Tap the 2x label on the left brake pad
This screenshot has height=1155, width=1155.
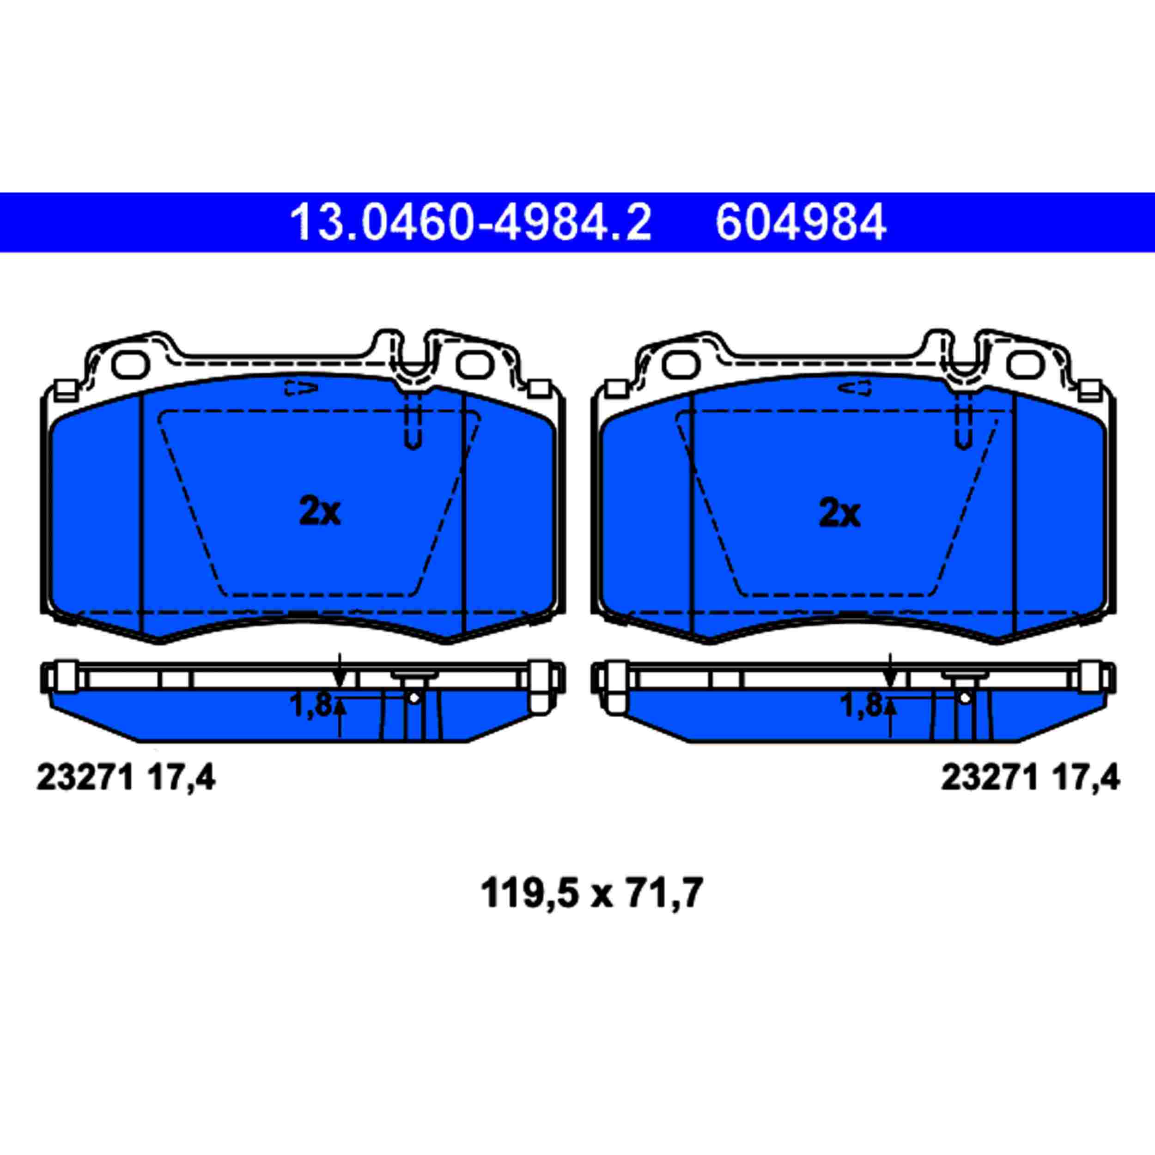(320, 512)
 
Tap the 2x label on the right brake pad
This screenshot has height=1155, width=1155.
(839, 512)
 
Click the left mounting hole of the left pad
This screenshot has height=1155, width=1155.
(130, 365)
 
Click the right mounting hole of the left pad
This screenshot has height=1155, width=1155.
(474, 365)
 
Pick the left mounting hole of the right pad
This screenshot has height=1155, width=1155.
(681, 365)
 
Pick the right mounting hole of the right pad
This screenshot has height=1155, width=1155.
(1025, 365)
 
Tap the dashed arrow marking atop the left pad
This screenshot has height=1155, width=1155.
(301, 388)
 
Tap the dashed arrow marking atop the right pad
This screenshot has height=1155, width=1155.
(855, 388)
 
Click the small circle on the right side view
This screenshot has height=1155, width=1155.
(964, 697)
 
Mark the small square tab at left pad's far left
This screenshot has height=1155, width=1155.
(65, 390)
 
